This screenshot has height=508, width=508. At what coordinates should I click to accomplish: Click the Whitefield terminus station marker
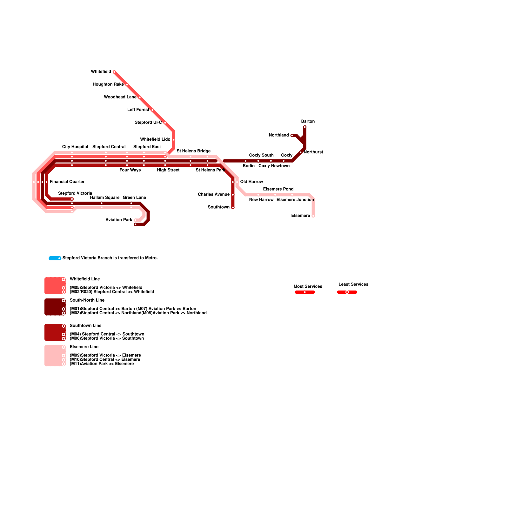click(x=114, y=72)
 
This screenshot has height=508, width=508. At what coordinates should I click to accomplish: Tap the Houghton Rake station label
click(x=108, y=84)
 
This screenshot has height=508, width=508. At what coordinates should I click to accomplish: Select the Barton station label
click(x=308, y=122)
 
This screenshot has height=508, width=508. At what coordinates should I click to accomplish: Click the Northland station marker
click(x=292, y=136)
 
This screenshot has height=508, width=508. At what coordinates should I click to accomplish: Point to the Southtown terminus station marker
click(x=233, y=208)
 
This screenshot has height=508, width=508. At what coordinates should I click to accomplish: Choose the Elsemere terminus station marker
click(x=313, y=216)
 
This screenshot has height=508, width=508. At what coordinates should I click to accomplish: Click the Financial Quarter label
click(x=67, y=182)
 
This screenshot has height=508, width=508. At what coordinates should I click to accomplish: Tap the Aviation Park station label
click(x=119, y=220)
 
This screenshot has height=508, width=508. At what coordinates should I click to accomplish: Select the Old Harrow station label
click(x=251, y=182)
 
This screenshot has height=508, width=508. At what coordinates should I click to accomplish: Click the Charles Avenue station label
click(x=213, y=195)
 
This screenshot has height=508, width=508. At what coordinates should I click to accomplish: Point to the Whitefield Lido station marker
click(x=173, y=140)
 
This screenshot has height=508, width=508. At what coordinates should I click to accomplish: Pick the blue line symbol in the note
click(x=55, y=258)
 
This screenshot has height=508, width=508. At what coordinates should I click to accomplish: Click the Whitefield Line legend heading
click(x=85, y=279)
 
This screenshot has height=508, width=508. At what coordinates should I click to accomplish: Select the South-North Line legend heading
click(x=87, y=300)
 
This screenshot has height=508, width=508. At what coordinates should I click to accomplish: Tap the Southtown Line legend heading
click(x=85, y=326)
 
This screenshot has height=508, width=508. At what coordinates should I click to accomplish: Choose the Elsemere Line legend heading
click(x=84, y=347)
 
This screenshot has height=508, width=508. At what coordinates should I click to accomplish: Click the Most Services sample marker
click(x=304, y=292)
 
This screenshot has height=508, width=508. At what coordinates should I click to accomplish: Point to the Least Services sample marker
click(x=347, y=292)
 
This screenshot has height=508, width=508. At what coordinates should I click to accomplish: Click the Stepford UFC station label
click(x=148, y=123)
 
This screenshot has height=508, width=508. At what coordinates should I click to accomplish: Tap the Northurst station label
click(x=313, y=152)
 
